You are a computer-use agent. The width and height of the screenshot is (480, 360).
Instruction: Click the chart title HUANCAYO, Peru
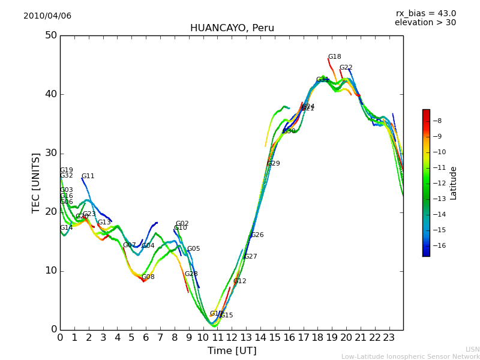click(x=232, y=28)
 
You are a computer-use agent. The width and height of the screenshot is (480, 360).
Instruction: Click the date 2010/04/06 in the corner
click(x=47, y=16)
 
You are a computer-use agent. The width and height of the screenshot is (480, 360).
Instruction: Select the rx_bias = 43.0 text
click(x=425, y=14)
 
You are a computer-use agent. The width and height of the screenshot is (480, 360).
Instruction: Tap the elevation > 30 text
click(x=425, y=23)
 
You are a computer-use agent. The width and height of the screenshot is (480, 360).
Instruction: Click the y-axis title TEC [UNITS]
click(x=36, y=182)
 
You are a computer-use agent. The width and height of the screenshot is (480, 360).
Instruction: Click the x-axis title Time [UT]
click(x=232, y=351)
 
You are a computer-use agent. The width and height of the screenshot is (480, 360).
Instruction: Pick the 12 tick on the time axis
click(x=232, y=338)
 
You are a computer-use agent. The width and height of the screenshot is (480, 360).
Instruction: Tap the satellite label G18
click(x=334, y=57)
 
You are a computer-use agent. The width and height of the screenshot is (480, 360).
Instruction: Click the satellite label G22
click(x=346, y=68)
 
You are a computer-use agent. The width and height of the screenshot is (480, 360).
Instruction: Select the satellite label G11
click(x=88, y=176)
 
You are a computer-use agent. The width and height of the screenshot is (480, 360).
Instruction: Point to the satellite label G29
click(x=273, y=164)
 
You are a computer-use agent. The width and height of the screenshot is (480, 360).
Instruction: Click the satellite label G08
click(x=148, y=277)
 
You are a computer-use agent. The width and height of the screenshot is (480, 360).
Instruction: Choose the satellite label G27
click(x=250, y=257)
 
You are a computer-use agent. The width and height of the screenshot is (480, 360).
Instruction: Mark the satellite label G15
click(x=226, y=316)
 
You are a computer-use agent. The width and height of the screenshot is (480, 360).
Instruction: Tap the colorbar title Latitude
click(x=454, y=183)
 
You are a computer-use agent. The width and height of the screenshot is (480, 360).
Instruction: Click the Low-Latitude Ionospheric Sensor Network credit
click(x=410, y=357)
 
